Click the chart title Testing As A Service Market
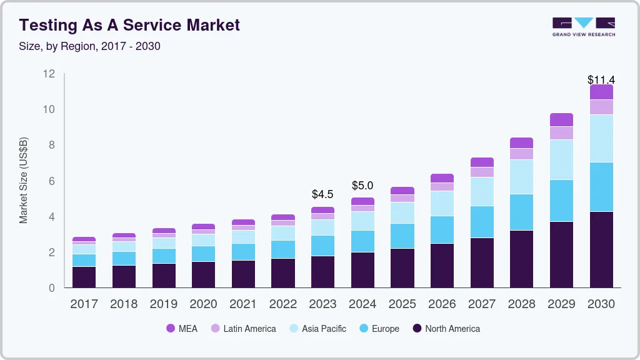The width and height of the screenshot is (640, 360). (129, 25)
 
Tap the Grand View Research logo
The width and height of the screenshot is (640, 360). (583, 26)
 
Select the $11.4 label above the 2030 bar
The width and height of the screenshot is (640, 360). (601, 80)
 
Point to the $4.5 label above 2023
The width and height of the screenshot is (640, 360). (322, 194)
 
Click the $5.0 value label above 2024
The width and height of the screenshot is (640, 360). (362, 186)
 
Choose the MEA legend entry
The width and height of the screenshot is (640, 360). (182, 329)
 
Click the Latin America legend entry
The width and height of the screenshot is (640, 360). (243, 329)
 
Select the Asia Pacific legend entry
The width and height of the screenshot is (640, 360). (317, 329)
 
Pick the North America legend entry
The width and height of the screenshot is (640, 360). (446, 329)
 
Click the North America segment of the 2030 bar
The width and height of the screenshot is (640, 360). (601, 249)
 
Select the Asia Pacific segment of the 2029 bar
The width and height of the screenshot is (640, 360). (561, 159)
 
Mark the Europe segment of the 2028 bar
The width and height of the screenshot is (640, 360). (521, 212)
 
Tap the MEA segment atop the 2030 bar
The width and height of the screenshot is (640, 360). (601, 92)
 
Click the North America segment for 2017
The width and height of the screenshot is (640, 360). (84, 277)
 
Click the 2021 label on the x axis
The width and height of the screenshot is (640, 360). (243, 304)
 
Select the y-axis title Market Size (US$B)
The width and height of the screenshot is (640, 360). (24, 181)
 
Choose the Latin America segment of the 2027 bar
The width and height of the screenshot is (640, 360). (482, 172)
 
